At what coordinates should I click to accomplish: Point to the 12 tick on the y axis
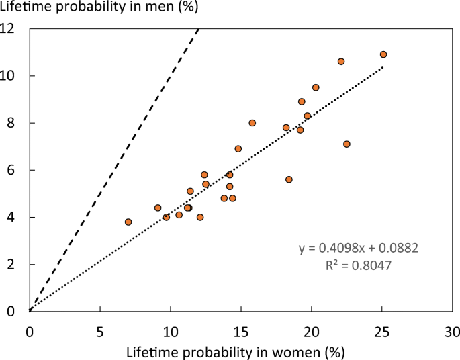14,29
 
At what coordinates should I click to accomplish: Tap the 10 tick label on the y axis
14,76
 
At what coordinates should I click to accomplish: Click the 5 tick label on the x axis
100,330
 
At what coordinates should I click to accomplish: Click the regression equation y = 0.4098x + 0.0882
359,249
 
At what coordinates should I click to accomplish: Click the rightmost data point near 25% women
383,54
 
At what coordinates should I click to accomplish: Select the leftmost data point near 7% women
128,222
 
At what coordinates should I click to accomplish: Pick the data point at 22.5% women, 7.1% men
347,144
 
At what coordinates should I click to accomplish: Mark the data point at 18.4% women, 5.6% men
289,179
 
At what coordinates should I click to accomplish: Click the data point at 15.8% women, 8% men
252,123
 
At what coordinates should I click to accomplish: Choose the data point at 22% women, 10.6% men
341,61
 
